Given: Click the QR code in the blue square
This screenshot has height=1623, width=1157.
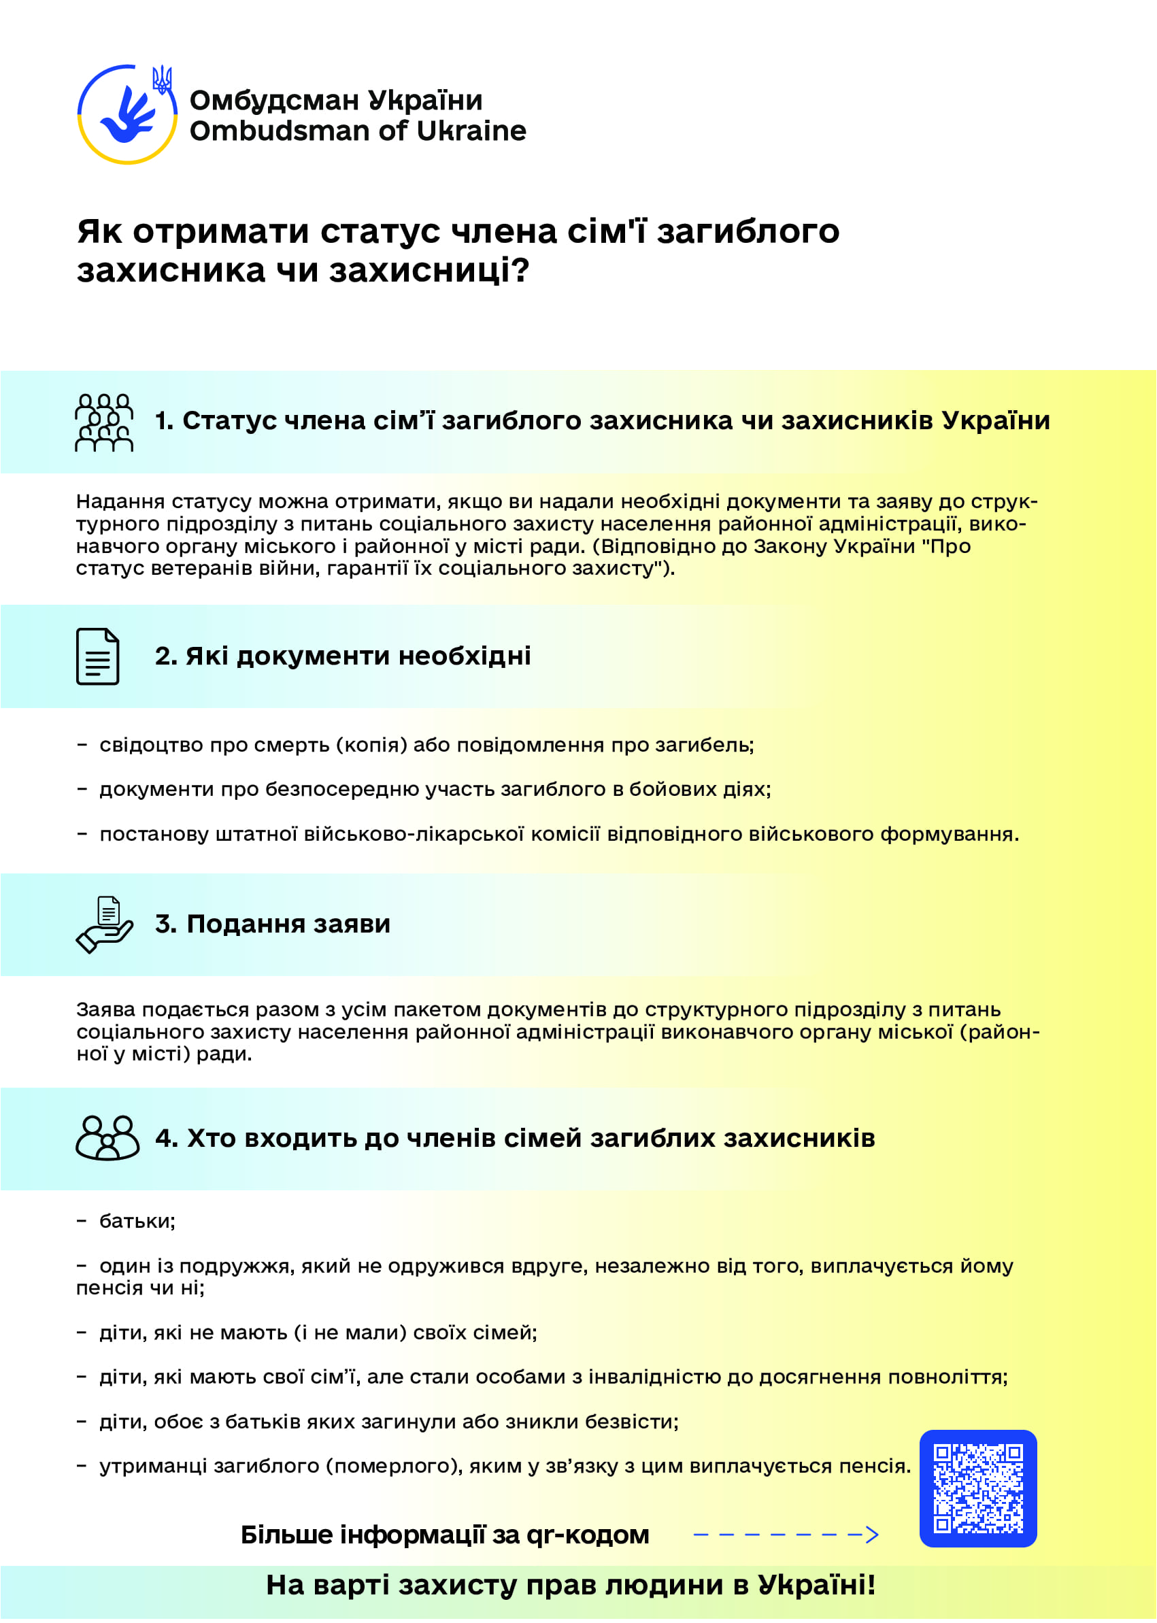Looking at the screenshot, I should [977, 1488].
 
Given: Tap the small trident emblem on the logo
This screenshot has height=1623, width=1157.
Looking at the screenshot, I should [163, 80].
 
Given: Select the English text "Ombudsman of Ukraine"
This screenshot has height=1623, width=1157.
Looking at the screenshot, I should [358, 131].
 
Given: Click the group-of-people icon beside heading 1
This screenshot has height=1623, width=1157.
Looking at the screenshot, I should [104, 422].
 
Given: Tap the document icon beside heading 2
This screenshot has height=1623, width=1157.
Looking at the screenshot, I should [97, 656].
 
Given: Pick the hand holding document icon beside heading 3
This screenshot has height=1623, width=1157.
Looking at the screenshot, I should [105, 924].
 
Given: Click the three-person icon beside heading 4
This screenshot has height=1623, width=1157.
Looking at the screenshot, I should [107, 1138].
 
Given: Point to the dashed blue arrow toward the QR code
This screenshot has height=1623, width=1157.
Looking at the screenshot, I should [786, 1534].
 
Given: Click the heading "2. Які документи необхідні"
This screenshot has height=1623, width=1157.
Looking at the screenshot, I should [343, 656].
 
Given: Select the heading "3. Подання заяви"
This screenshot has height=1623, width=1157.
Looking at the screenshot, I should [273, 923].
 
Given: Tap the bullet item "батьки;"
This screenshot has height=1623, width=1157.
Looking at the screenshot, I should [137, 1221].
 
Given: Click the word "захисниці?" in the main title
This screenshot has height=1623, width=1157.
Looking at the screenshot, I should [430, 270].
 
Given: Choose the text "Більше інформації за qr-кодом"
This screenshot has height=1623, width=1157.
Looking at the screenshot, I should [445, 1534].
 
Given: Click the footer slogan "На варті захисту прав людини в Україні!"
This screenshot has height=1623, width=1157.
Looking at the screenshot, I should [571, 1584].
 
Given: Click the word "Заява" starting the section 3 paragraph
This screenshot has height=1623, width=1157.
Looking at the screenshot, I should [105, 1009].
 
